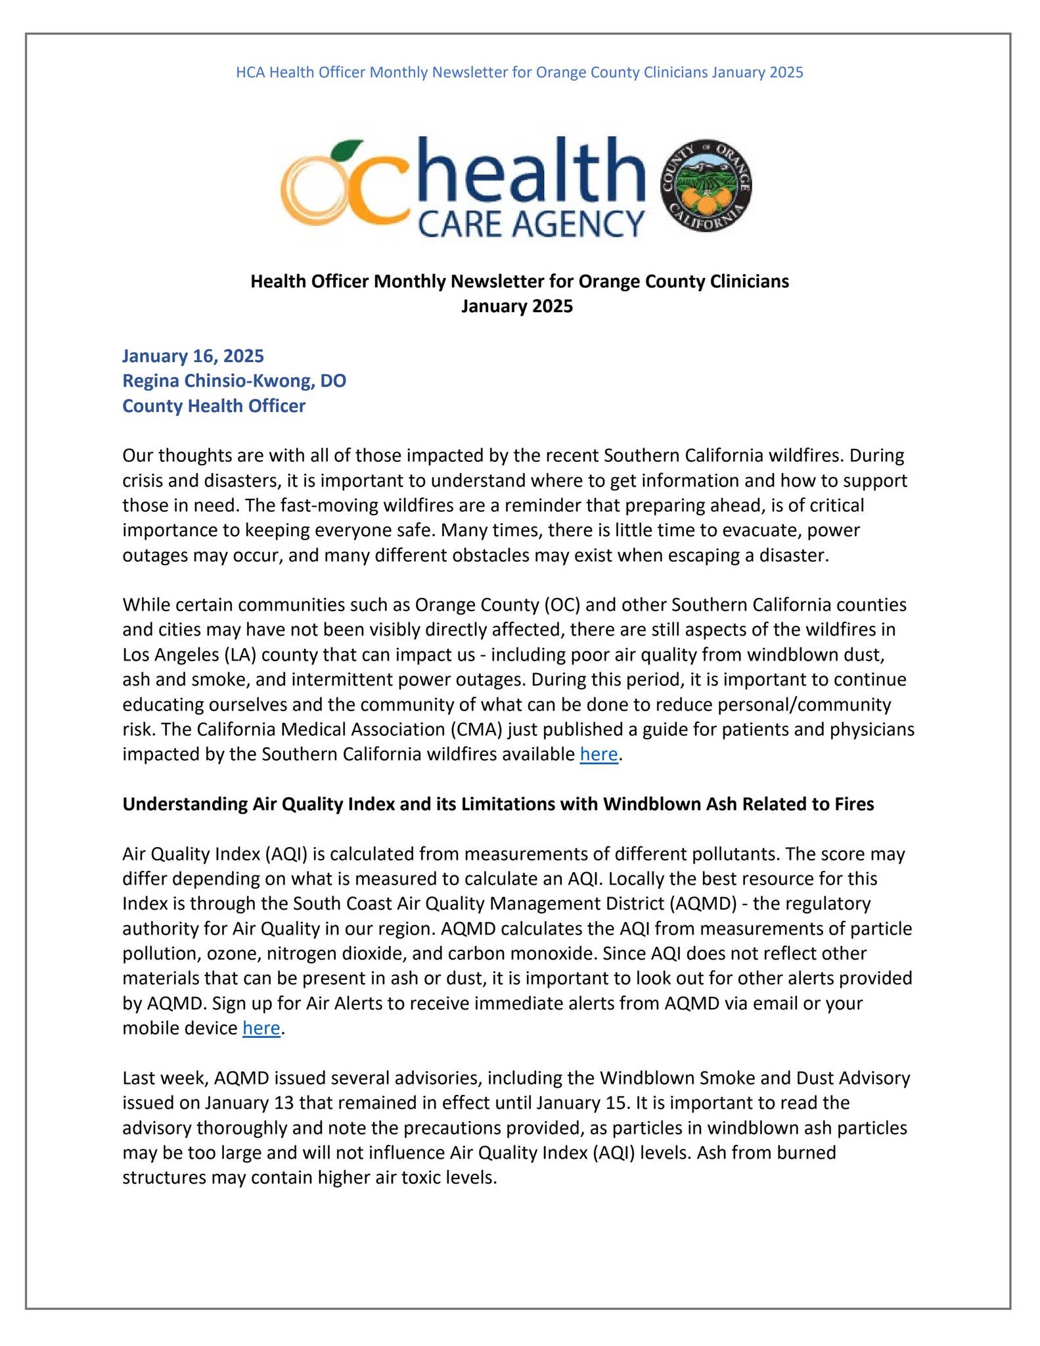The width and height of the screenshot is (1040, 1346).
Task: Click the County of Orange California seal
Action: click(x=706, y=187)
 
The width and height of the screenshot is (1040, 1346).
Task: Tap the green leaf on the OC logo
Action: click(x=346, y=149)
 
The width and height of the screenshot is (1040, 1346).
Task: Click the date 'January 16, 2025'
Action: click(x=193, y=356)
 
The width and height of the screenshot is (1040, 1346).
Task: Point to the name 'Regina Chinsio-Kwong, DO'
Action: click(x=234, y=381)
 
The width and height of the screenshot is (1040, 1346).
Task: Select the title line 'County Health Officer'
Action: click(x=214, y=406)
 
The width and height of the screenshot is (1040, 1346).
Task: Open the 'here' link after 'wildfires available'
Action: click(x=599, y=754)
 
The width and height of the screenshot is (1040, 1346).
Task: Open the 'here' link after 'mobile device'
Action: click(x=261, y=1028)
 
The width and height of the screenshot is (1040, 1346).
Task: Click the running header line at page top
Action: click(x=519, y=72)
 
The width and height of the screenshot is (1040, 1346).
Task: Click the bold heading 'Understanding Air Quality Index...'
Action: click(x=497, y=804)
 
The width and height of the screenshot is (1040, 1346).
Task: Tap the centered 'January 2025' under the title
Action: click(x=516, y=306)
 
